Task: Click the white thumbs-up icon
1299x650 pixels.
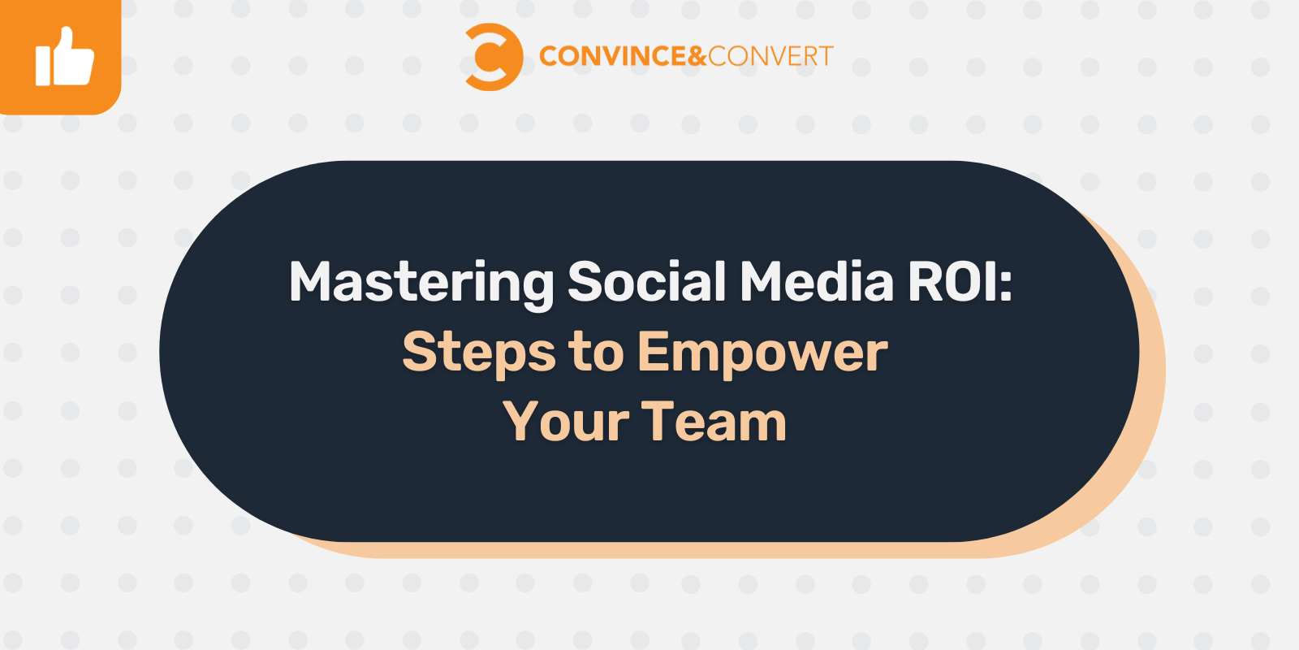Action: point(64,58)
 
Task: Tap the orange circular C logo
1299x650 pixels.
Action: point(491,57)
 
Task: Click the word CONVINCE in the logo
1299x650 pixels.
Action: point(613,56)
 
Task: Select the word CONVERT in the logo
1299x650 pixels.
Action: point(770,56)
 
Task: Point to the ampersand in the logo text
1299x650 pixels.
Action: point(697,56)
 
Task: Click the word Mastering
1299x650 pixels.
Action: point(421,283)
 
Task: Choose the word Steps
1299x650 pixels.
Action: point(479,353)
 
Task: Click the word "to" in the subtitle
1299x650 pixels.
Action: point(596,353)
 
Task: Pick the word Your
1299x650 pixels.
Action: point(566,422)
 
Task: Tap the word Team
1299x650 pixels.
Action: point(714,422)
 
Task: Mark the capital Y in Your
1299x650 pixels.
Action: point(520,422)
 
